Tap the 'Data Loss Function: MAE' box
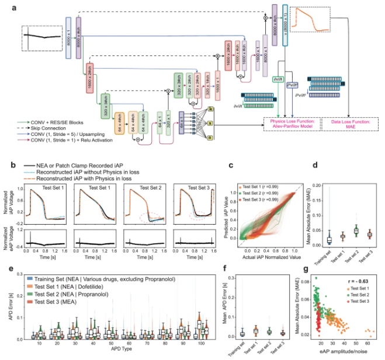pos(348,124)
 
